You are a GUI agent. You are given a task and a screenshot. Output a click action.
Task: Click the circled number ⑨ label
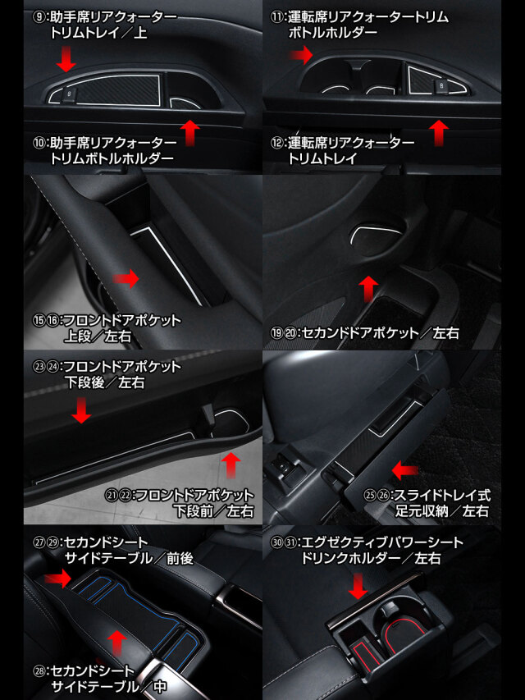pos(39,17)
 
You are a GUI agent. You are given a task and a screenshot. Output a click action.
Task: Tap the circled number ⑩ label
pos(39,143)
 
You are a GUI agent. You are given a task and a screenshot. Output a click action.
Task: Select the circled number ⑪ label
pos(276,17)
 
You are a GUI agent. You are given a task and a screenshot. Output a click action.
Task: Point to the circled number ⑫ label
pos(276,143)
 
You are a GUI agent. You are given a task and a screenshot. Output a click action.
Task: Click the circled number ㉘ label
pos(39,671)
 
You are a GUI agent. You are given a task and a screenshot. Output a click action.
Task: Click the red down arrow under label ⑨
pos(66,59)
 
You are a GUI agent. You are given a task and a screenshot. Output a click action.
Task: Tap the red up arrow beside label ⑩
pos(190,133)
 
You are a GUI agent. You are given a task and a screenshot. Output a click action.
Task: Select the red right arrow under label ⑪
pos(301,55)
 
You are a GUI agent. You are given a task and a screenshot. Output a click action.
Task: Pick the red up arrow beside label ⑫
pos(439,133)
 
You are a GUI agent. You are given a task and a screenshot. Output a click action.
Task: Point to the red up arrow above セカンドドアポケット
pos(368,288)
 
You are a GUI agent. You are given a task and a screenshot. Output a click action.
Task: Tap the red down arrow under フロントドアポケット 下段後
pos(81,410)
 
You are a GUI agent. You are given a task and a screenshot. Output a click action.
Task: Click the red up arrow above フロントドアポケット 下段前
pos(231,465)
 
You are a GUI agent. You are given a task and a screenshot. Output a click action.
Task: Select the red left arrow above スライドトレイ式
pos(405,469)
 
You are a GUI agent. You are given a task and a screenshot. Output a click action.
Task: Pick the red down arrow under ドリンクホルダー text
pos(358,586)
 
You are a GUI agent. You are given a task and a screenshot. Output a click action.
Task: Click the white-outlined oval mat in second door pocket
pos(377,235)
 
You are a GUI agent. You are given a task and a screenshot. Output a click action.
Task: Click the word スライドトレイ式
pos(442,495)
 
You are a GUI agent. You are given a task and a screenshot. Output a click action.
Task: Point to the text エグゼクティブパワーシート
pos(383,542)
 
